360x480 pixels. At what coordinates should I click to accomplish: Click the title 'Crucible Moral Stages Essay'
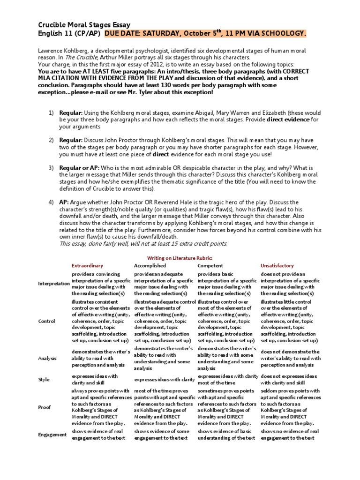click(84, 25)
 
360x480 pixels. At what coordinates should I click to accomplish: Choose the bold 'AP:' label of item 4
click(65, 202)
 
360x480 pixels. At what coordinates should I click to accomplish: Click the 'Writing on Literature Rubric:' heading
click(180, 258)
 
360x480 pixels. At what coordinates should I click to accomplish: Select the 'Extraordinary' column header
click(87, 266)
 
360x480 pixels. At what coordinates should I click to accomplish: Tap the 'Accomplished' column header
click(150, 266)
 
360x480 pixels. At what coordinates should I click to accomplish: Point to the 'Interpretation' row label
click(53, 284)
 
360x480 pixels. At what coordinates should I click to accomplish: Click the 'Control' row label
click(47, 321)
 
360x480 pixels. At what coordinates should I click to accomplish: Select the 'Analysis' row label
click(48, 358)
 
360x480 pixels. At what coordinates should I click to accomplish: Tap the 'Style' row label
click(45, 380)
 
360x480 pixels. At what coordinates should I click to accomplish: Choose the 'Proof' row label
click(45, 407)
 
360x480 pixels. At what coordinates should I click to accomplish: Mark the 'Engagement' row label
click(52, 435)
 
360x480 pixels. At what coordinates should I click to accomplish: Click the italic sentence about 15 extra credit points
click(143, 244)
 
